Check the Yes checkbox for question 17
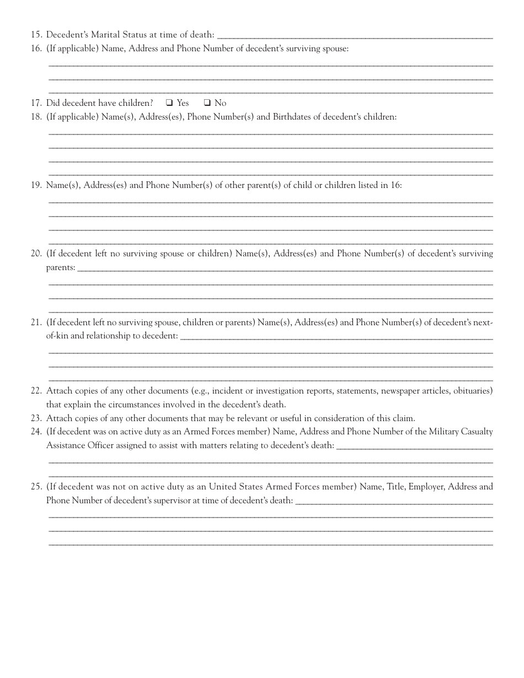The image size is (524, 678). pyautogui.click(x=169, y=103)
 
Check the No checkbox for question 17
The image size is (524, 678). pyautogui.click(x=207, y=103)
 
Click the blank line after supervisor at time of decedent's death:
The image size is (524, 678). pyautogui.click(x=394, y=503)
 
